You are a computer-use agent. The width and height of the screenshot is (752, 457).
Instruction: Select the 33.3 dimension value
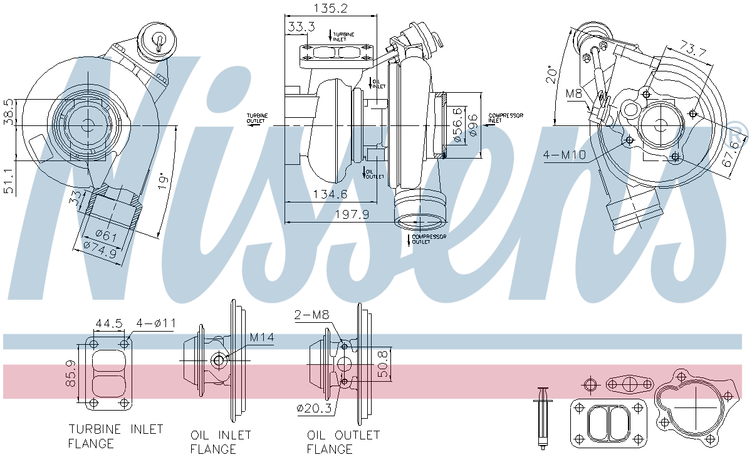[x=301, y=28]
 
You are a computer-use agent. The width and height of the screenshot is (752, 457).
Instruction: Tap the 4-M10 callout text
[x=565, y=155]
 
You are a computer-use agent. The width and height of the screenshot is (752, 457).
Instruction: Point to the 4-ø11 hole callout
[x=156, y=323]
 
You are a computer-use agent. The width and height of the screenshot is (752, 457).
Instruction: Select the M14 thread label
[x=262, y=338]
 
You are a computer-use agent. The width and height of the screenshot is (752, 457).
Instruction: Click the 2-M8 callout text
[x=311, y=315]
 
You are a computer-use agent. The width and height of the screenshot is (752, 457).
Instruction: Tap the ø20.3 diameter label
[x=315, y=408]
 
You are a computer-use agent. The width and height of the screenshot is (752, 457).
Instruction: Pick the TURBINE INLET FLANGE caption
[x=115, y=436]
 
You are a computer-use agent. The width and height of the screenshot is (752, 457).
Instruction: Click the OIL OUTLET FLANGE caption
[x=343, y=441]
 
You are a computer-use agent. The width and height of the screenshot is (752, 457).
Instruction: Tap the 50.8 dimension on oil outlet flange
[x=384, y=363]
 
